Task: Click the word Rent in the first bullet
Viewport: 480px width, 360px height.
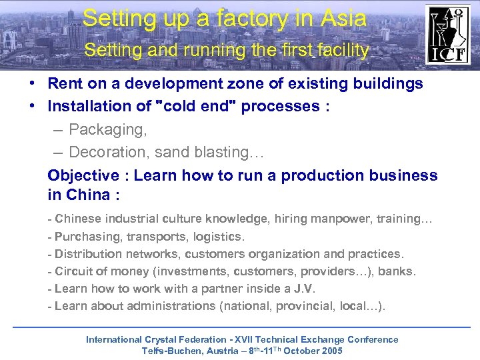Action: coord(63,83)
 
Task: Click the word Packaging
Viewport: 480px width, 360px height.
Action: coord(103,129)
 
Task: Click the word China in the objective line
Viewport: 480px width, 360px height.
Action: coord(90,195)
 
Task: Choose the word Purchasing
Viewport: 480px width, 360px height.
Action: coord(83,236)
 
